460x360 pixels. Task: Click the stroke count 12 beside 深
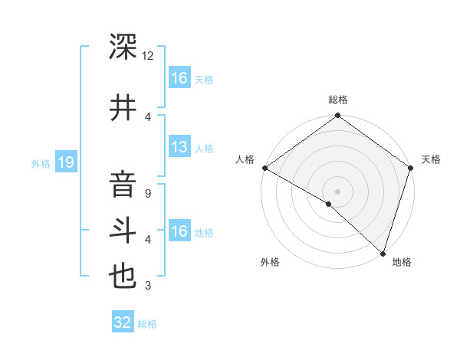coord(148,56)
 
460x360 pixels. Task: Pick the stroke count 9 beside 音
coord(148,194)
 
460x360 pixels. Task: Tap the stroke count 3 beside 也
coord(148,286)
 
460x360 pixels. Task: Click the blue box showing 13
coord(179,147)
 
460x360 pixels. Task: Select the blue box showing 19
coord(65,162)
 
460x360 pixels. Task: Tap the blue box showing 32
coord(123,322)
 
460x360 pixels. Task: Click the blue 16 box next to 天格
coord(179,78)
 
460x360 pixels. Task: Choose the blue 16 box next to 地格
coord(179,231)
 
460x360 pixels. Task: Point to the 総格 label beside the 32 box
coord(147,324)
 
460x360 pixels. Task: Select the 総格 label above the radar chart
coord(337,100)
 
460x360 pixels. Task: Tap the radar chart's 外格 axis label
coord(270,262)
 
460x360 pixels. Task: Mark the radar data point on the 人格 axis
coord(264,168)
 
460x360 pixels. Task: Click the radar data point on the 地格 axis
coord(383,254)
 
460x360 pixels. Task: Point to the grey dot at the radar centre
coord(337,191)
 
